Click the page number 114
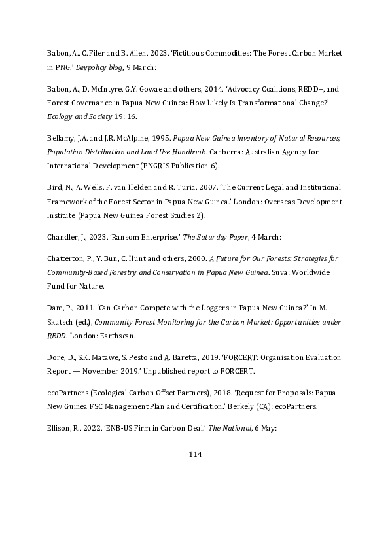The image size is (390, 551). pyautogui.click(x=195, y=454)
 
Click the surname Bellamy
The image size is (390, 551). pyautogui.click(x=60, y=139)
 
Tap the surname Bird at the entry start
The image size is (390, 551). pyautogui.click(x=54, y=188)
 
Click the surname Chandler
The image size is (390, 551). pyautogui.click(x=63, y=238)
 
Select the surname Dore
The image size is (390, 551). pyautogui.click(x=56, y=358)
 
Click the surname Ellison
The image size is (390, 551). pyautogui.click(x=60, y=428)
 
